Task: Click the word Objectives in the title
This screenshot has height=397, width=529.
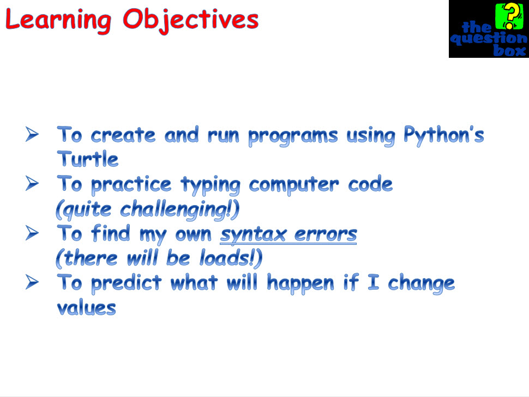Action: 191,20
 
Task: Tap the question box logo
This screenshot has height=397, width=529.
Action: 488,29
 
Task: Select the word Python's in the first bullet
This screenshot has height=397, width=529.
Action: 443,135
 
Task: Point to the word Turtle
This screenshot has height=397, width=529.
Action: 87,159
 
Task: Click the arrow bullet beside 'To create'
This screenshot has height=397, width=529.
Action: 32,134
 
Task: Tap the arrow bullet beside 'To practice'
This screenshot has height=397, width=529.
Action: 32,184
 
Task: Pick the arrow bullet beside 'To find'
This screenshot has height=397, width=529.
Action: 32,233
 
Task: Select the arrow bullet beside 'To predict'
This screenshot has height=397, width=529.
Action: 32,282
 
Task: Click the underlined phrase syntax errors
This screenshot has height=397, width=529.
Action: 288,234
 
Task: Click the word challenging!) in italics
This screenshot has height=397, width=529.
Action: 179,209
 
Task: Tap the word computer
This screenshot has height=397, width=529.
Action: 295,185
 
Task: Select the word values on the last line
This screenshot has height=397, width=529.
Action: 86,308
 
